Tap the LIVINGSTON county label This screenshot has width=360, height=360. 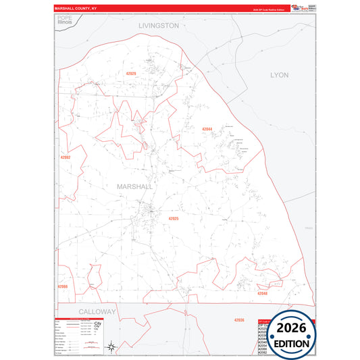coord(159,25)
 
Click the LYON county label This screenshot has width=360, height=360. coord(279,75)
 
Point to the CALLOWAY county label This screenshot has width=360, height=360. coord(97,311)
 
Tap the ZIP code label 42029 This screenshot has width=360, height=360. coord(130,73)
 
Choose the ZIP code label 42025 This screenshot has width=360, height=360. coord(174,219)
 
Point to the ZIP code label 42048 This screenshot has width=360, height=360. coord(262,293)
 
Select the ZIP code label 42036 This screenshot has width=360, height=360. coord(239,319)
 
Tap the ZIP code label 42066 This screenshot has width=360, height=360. coord(63,286)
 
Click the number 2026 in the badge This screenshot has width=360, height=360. coord(290,328)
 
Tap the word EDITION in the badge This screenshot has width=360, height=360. coord(290,343)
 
